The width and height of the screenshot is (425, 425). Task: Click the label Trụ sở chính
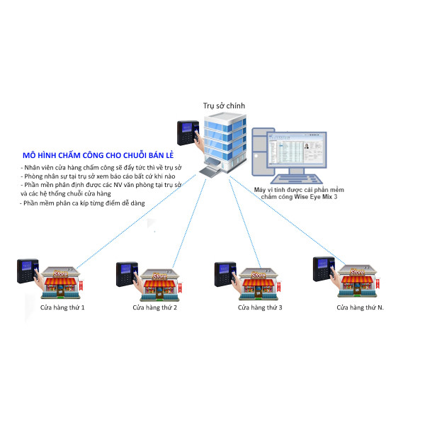[224, 106]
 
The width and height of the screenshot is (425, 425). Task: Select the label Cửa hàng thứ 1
[62, 308]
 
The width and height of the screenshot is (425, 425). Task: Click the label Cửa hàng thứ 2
[155, 308]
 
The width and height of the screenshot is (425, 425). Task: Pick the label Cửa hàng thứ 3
[260, 308]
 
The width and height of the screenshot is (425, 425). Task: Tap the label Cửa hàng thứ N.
[361, 308]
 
